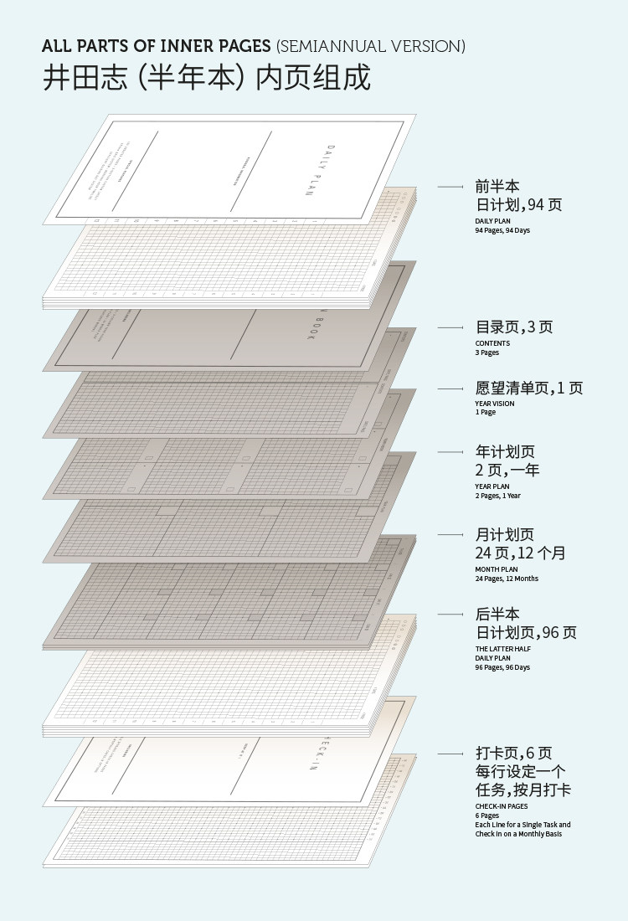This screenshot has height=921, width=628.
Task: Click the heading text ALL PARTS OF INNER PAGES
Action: pyautogui.click(x=157, y=46)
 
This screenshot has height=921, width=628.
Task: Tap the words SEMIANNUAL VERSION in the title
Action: pyautogui.click(x=370, y=46)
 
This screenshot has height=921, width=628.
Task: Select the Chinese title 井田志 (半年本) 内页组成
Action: pyautogui.click(x=206, y=78)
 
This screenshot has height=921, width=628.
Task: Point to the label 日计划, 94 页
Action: pyautogui.click(x=518, y=204)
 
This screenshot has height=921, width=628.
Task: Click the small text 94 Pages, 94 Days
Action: pyautogui.click(x=502, y=230)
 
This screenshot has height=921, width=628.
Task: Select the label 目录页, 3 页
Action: pyautogui.click(x=514, y=327)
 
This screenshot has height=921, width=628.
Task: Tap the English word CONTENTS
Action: pyautogui.click(x=492, y=343)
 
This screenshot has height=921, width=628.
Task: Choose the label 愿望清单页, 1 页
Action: pyautogui.click(x=529, y=388)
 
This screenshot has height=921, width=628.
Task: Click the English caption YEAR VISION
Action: pyautogui.click(x=495, y=404)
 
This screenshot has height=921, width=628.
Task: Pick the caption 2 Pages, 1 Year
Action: pyautogui.click(x=498, y=496)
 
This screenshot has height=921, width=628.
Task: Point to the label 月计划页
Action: pyautogui.click(x=505, y=534)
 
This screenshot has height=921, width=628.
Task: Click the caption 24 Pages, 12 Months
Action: pyautogui.click(x=507, y=579)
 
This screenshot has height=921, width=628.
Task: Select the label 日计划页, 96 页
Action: pyautogui.click(x=526, y=633)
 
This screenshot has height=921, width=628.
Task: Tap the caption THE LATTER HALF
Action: pyautogui.click(x=503, y=649)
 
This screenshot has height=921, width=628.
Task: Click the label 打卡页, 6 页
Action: pyautogui.click(x=514, y=754)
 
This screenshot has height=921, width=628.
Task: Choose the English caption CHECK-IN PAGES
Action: pyautogui.click(x=502, y=806)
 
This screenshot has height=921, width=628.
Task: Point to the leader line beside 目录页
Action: pyautogui.click(x=450, y=327)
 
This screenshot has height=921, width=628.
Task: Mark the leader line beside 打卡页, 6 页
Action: pyautogui.click(x=450, y=754)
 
